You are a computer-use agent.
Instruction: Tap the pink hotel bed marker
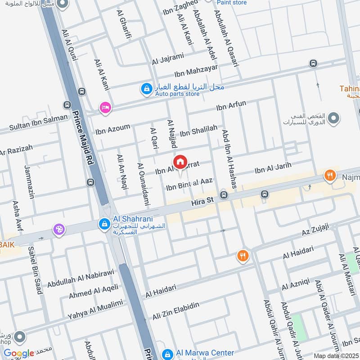(x=105, y=108)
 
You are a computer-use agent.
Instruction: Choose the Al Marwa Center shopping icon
(x=167, y=354)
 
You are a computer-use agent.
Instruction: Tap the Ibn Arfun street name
(x=231, y=106)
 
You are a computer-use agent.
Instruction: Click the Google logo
(x=19, y=353)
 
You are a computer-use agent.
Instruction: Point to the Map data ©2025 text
(x=336, y=355)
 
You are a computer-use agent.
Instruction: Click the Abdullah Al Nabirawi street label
(x=81, y=278)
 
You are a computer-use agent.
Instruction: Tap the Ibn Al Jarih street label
(x=273, y=168)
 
